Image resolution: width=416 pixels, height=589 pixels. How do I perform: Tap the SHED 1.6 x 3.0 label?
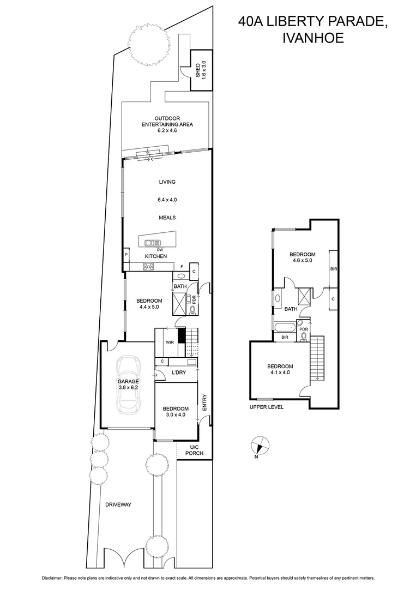pyautogui.click(x=201, y=71)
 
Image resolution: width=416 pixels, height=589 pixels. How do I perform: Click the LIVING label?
pyautogui.click(x=167, y=182)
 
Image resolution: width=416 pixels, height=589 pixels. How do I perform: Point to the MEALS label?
pyautogui.click(x=167, y=217)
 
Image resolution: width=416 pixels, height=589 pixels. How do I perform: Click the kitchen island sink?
pyautogui.click(x=153, y=242)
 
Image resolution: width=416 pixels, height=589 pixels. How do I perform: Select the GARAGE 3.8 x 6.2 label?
pyautogui.click(x=128, y=385)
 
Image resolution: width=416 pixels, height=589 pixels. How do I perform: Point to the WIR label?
pyautogui.click(x=170, y=342)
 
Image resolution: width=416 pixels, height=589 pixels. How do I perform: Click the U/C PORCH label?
pyautogui.click(x=194, y=449)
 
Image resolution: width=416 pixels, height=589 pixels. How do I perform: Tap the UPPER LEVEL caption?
pyautogui.click(x=267, y=407)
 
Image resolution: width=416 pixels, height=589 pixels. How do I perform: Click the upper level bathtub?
pyautogui.click(x=284, y=328)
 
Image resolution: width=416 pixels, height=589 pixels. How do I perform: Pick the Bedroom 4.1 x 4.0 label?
pyautogui.click(x=280, y=370)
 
